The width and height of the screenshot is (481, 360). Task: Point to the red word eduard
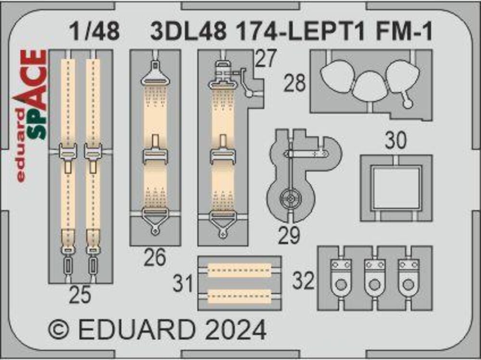20,144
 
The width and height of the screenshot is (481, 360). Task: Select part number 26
155,259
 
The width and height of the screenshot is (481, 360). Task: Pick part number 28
294,83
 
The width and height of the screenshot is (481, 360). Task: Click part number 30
396,141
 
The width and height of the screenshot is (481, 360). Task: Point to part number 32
304,281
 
